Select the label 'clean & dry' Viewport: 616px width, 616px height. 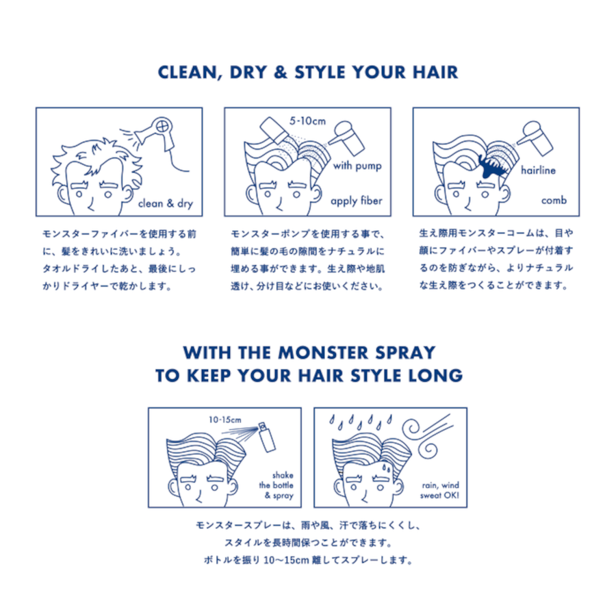[x=166, y=203]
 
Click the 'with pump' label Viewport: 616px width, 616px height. [x=357, y=166]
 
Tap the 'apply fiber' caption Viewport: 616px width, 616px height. [x=356, y=201]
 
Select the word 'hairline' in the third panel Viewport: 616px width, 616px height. [x=539, y=170]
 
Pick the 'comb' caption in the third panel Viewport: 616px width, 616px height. [x=553, y=201]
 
